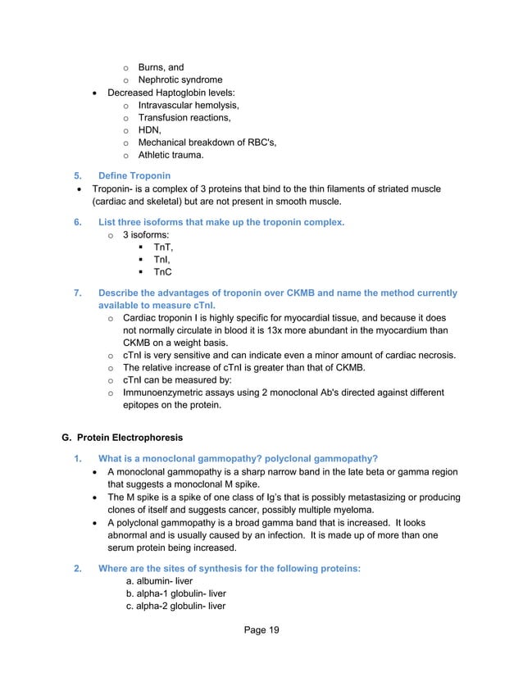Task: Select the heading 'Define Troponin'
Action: click(134, 176)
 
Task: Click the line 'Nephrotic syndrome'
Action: click(180, 80)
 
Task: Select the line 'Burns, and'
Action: click(161, 67)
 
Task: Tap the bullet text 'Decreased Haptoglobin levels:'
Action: click(177, 93)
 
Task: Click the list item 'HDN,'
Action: click(149, 129)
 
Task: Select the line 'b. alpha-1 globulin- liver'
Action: click(184, 593)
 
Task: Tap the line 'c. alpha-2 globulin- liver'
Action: click(184, 607)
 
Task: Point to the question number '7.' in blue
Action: click(78, 293)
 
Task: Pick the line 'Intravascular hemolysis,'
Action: click(189, 105)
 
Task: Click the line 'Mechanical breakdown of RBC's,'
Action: click(207, 143)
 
